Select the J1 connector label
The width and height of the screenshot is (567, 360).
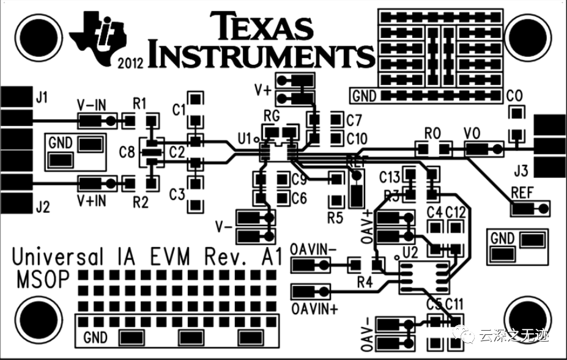click(42, 96)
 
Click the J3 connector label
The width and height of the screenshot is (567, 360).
click(521, 169)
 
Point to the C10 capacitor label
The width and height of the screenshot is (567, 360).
click(357, 139)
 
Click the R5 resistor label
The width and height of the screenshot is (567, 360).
click(335, 217)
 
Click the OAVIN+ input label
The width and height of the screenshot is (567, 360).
click(315, 307)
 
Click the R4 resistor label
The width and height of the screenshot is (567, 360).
click(365, 282)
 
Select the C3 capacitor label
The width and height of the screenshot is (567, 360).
click(177, 194)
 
